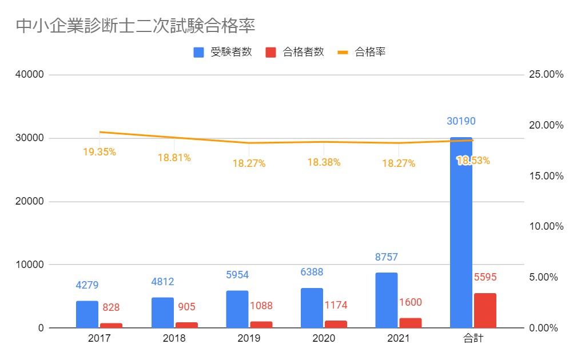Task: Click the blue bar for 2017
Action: coord(87,314)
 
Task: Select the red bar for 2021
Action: coord(410,323)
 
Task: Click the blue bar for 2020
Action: coord(312,308)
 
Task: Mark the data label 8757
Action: coord(386,257)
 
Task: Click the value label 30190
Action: coord(461,121)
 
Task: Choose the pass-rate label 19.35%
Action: coord(99,152)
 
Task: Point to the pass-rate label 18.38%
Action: coord(324,162)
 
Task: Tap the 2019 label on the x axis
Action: coord(249,338)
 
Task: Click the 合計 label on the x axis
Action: coord(473,338)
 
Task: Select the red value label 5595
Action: coord(485,277)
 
